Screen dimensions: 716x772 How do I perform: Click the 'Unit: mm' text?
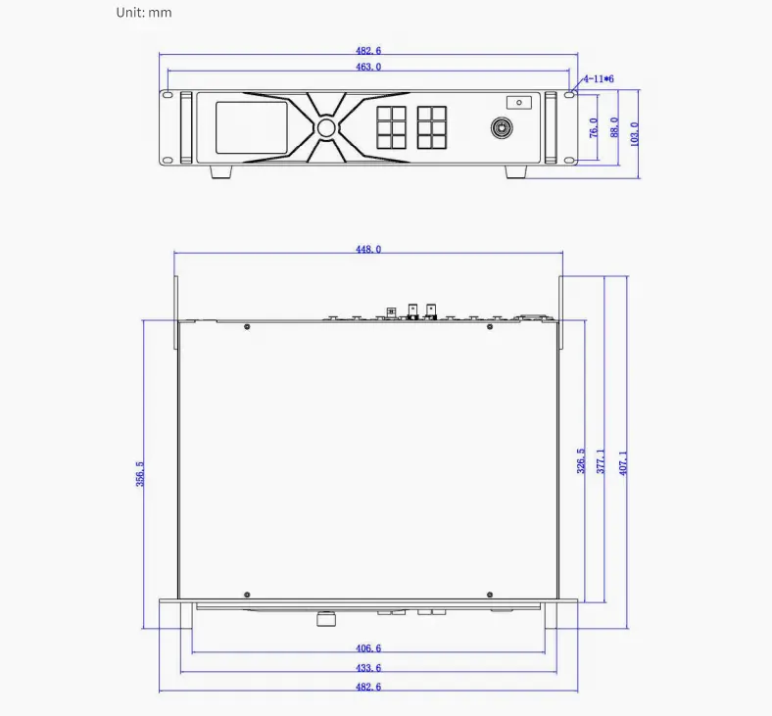144,13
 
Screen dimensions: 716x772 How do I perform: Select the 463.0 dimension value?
368,67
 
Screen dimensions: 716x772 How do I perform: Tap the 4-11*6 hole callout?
598,77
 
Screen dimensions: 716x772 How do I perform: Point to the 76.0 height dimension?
593,127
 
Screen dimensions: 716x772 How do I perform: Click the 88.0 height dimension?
614,127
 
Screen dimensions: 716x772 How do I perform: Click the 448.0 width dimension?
368,250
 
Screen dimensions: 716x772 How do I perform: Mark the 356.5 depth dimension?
140,473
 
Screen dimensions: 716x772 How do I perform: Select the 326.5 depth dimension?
581,461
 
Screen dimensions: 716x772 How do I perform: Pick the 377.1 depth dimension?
601,461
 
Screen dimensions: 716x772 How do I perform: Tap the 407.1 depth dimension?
623,461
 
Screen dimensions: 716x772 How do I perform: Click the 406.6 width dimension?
368,648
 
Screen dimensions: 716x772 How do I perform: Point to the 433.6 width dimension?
368,668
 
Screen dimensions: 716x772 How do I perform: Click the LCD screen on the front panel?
251,127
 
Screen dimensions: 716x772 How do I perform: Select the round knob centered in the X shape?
325,128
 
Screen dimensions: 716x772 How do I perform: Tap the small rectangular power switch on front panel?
517,102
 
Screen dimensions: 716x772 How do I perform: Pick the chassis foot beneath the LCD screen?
221,171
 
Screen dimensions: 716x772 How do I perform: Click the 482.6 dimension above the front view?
368,50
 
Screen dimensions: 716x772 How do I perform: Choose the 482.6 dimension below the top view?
368,688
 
